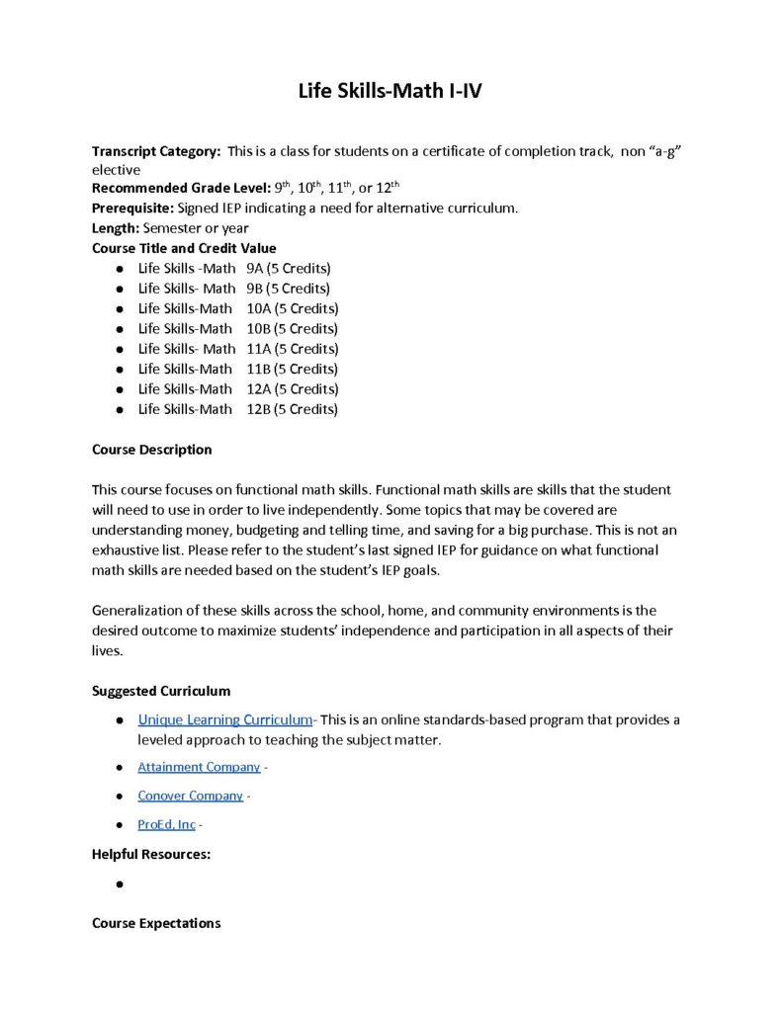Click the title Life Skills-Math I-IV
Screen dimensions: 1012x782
[x=391, y=92]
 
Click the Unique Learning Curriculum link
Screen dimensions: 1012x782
[x=225, y=719]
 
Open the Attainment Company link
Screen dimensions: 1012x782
[x=199, y=767]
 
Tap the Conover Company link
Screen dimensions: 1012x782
[x=190, y=796]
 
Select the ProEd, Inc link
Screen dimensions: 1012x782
[x=166, y=824]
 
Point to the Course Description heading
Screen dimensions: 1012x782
[x=151, y=450]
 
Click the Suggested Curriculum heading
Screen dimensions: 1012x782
[x=160, y=691]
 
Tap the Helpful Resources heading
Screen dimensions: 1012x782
[x=150, y=854]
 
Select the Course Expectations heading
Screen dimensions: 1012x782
[x=156, y=923]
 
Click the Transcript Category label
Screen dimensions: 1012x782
[x=156, y=151]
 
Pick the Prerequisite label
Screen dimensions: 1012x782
[x=132, y=209]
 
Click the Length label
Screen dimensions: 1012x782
[x=116, y=228]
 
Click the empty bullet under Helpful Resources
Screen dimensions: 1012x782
[x=119, y=885]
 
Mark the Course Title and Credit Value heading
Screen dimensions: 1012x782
[x=184, y=248]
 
